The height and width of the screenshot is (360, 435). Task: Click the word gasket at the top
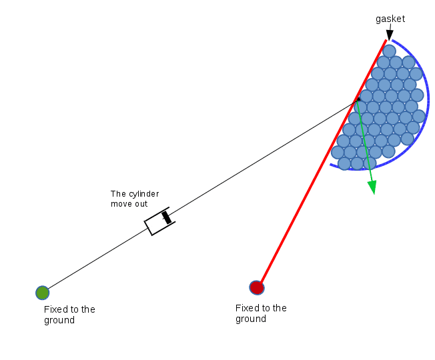[390, 19]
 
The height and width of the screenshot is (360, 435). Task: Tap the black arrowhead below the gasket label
[390, 35]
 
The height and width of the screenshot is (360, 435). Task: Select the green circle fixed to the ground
[43, 293]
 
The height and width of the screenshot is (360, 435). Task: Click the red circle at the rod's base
[257, 288]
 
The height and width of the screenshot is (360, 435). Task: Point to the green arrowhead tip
[374, 194]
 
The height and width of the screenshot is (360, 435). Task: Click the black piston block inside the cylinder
[166, 217]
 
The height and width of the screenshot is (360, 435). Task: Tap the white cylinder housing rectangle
[159, 221]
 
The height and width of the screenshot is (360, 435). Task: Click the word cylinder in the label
[144, 194]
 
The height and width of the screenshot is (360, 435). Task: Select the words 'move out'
[129, 204]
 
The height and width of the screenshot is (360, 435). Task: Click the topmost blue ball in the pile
[389, 51]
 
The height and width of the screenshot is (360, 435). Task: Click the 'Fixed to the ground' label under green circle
[69, 315]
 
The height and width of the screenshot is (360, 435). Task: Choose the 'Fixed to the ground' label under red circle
[261, 313]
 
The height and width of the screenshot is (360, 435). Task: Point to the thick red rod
[322, 163]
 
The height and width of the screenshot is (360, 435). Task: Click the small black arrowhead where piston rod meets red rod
[358, 99]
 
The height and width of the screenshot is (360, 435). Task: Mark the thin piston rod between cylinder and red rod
[264, 157]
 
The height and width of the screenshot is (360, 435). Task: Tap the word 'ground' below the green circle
[59, 321]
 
